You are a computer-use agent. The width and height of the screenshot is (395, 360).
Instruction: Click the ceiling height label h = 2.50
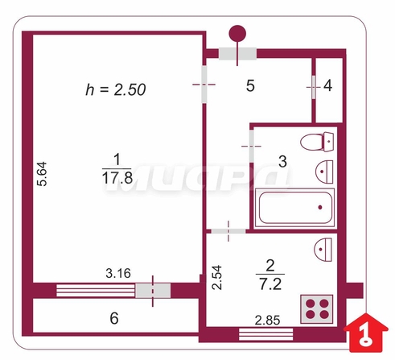coord(116,89)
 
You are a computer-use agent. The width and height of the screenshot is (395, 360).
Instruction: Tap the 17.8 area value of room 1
coord(117,178)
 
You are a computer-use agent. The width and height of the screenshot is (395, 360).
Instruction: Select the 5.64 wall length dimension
coord(43,174)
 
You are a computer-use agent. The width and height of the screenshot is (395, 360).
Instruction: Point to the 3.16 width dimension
coord(118,274)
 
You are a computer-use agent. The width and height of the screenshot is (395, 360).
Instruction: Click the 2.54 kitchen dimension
coord(217,277)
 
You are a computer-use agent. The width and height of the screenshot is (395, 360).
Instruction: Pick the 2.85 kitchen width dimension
coord(267,321)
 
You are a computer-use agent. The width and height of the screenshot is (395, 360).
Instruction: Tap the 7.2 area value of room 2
coord(270,284)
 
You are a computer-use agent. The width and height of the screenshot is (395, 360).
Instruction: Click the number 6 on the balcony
coord(114,318)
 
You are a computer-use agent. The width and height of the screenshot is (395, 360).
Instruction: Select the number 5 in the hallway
coord(250,86)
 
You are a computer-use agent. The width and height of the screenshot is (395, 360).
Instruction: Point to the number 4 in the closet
coord(328,86)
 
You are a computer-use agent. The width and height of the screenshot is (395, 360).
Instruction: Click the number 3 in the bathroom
coord(282,162)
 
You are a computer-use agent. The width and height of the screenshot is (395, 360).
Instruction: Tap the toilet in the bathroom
coord(317,142)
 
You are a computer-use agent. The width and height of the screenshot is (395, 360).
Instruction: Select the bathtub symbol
coord(294,208)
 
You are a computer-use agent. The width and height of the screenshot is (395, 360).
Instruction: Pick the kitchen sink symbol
coord(323,250)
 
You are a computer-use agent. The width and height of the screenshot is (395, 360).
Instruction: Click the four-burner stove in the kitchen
coord(317,308)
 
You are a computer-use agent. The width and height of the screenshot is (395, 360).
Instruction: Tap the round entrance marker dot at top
coord(237,34)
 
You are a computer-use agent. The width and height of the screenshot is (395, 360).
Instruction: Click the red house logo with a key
coord(365,333)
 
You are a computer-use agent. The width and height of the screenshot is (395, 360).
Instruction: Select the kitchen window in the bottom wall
coord(265,334)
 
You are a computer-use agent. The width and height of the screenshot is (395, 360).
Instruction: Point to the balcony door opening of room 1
coord(153,291)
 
